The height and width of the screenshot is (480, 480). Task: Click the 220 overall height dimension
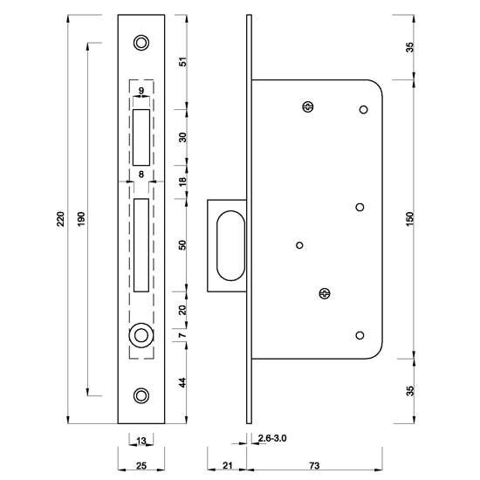(61, 218)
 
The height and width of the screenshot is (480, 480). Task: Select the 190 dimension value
(81, 218)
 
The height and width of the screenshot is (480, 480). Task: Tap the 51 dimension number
(182, 62)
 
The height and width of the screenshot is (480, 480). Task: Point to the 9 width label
(141, 90)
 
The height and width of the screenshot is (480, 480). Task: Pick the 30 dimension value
(182, 137)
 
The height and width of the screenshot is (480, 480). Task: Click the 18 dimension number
(182, 182)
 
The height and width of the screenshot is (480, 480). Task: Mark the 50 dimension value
(182, 244)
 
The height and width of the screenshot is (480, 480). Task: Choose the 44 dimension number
(182, 381)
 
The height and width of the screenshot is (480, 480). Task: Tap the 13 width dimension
(141, 440)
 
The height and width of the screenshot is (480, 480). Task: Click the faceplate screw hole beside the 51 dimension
(141, 43)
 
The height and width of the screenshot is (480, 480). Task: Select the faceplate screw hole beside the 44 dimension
(141, 394)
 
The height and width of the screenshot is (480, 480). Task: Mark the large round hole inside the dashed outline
(140, 336)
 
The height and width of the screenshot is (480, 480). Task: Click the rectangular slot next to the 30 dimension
(141, 137)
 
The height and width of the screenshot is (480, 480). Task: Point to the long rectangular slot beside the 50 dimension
(141, 244)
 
